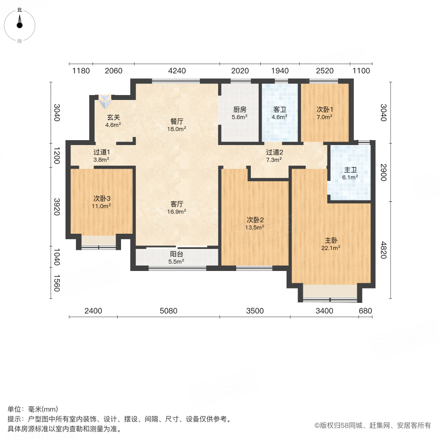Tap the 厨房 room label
coord(239,110)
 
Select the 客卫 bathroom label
coord(280,110)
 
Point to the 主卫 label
coord(350,170)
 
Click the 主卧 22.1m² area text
coord(332,244)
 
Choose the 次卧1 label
coord(324,110)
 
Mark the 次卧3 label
coord(101,198)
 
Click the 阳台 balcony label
coord(176,254)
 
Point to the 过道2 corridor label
coord(273,152)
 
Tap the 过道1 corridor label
coord(101,152)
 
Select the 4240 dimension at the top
coord(177,71)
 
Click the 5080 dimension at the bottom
coord(168,311)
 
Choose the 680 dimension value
coord(365,311)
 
